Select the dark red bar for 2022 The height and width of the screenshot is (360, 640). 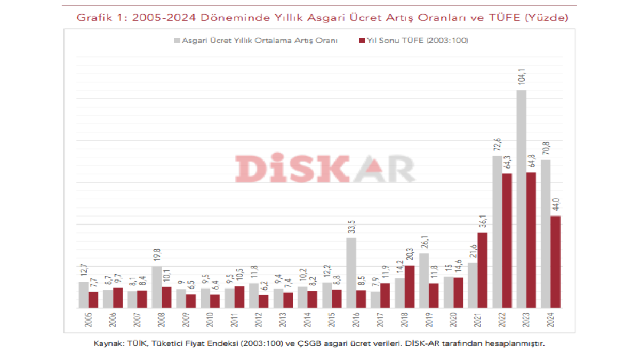coord(507,241)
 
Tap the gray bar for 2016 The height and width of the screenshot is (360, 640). coord(351,273)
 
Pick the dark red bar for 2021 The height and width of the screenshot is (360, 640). coord(483,270)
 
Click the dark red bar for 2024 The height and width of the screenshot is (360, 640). coord(555,262)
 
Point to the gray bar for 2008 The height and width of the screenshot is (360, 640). coord(157,287)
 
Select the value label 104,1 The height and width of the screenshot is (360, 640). coord(522,77)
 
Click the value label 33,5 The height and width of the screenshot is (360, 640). coord(351,226)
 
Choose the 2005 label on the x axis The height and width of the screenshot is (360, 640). coord(83,321)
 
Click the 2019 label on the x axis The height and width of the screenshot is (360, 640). coord(423,321)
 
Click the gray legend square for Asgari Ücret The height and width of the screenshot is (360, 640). coord(177,40)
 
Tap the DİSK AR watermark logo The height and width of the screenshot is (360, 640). coord(325,169)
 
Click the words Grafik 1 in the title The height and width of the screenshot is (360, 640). coord(100,18)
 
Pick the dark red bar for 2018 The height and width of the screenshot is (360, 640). coord(410,286)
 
